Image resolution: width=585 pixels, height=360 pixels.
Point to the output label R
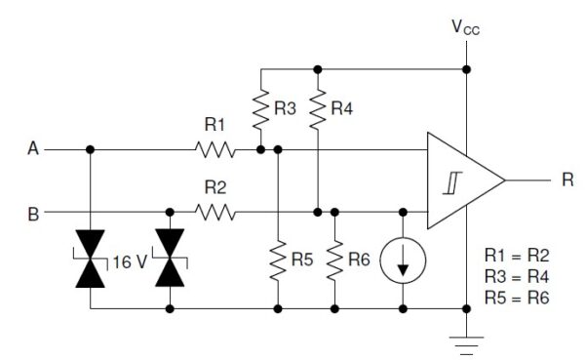click(x=567, y=180)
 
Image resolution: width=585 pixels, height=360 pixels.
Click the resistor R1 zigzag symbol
click(x=215, y=150)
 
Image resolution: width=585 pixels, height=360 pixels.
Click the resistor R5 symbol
click(x=278, y=260)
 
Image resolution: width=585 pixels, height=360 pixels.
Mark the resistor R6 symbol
click(x=336, y=260)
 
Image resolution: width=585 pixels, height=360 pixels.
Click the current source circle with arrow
click(x=403, y=260)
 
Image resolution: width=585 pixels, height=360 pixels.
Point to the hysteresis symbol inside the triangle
click(x=451, y=180)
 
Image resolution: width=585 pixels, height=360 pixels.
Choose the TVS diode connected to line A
click(x=91, y=260)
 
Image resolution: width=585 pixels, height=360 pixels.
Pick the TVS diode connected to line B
click(x=172, y=260)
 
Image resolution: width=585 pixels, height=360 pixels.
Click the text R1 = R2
click(x=517, y=256)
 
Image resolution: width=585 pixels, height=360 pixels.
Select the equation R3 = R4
click(x=517, y=277)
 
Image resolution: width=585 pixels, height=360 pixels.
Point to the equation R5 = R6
click(x=517, y=299)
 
